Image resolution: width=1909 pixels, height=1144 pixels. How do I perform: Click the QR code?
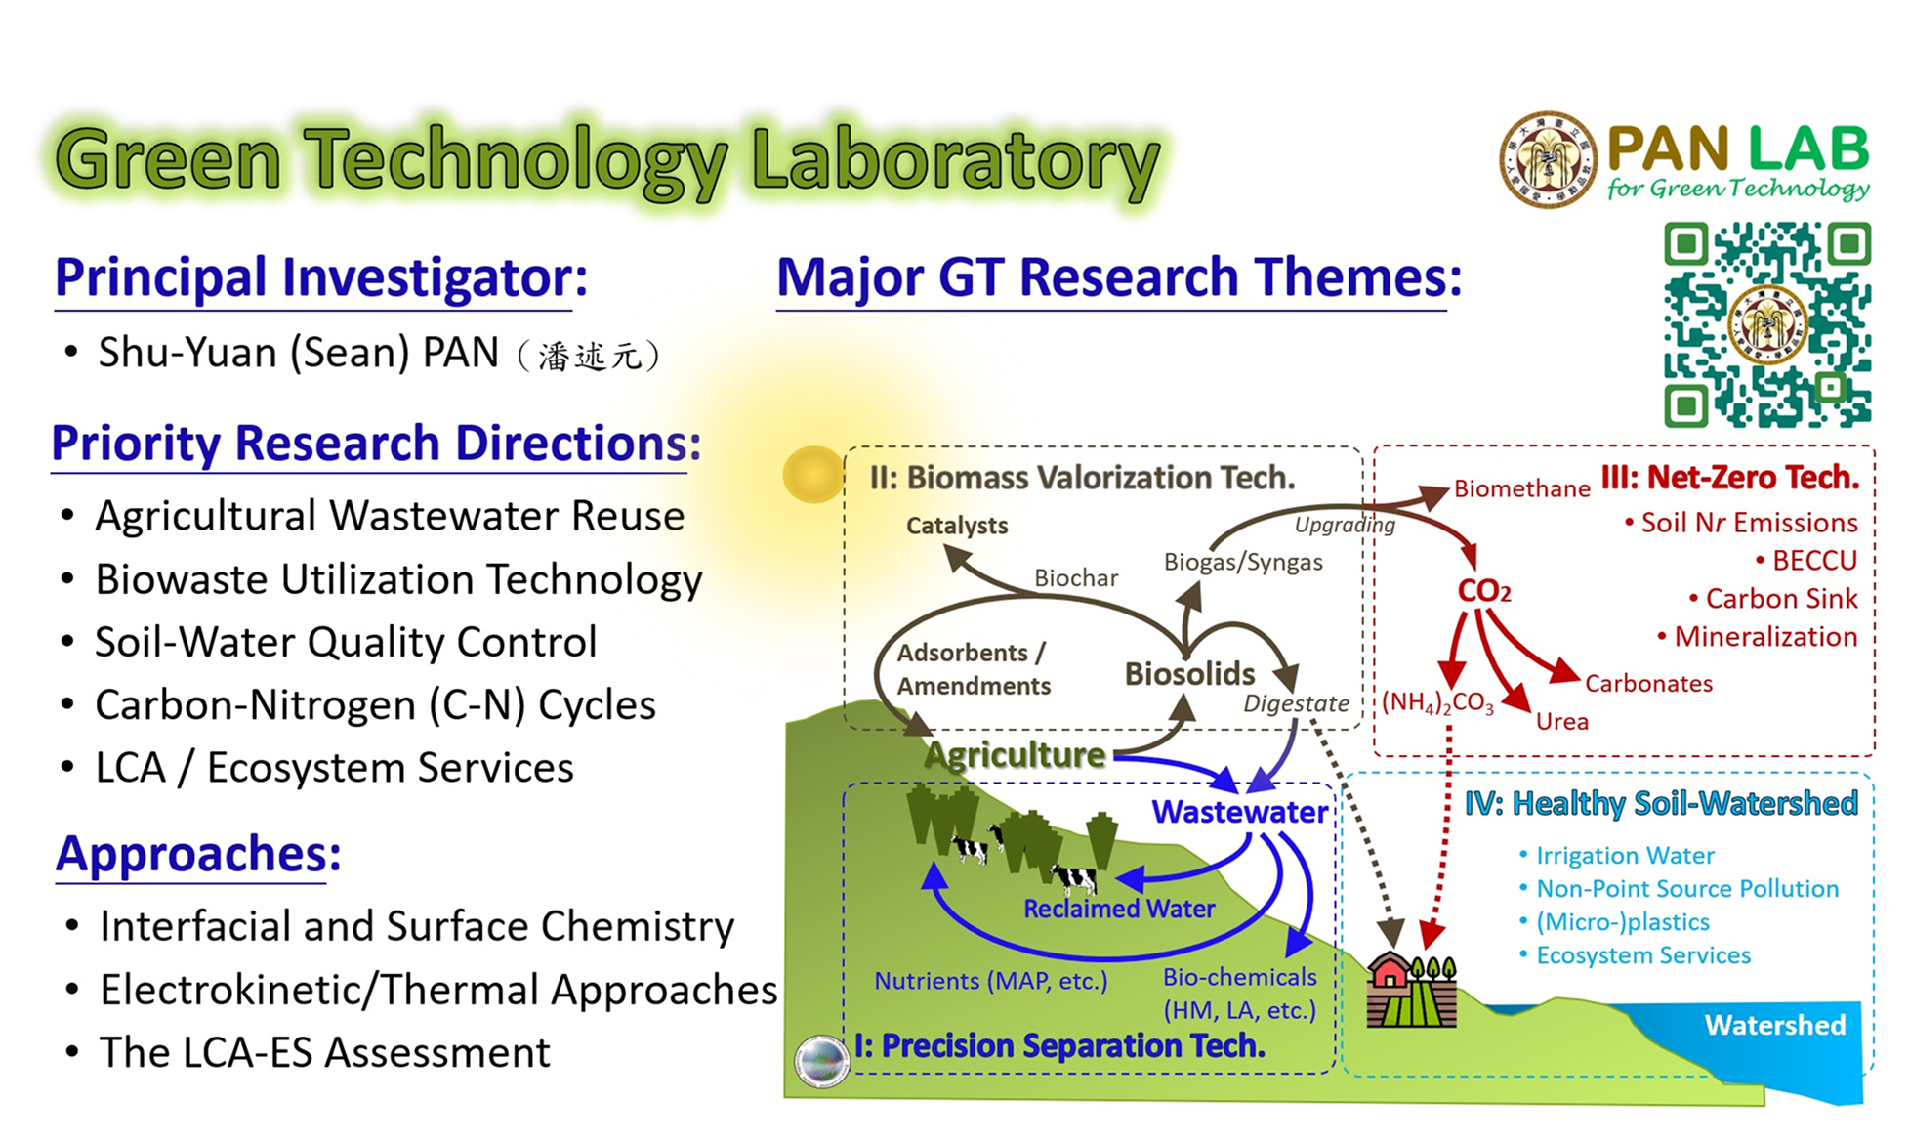[1767, 324]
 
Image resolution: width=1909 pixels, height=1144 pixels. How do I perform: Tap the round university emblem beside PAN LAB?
[1548, 159]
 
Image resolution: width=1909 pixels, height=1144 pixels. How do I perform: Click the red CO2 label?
[1483, 591]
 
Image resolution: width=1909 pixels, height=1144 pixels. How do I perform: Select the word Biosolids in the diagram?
[1189, 673]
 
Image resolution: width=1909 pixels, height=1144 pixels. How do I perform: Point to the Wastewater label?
[1239, 811]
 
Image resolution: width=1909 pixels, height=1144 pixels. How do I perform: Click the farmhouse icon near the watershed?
[1411, 991]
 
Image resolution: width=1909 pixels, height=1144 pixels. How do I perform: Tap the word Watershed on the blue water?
[1774, 1025]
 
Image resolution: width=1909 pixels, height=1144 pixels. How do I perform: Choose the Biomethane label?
[1521, 488]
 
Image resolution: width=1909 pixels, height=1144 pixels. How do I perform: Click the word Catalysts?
[956, 526]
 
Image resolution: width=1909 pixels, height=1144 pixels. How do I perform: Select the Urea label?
[1561, 722]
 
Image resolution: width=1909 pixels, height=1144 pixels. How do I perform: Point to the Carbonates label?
[1648, 684]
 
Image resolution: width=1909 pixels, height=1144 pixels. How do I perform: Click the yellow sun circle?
[812, 474]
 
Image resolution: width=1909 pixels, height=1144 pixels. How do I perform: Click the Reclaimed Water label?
[1119, 909]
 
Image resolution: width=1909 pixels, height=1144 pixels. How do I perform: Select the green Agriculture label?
[1015, 754]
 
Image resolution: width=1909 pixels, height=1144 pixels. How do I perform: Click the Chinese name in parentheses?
[589, 356]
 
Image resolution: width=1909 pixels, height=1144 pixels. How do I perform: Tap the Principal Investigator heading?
[321, 277]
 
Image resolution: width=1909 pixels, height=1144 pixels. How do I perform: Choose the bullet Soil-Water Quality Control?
[345, 642]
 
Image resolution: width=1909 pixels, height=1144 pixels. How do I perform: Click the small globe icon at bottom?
[821, 1061]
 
